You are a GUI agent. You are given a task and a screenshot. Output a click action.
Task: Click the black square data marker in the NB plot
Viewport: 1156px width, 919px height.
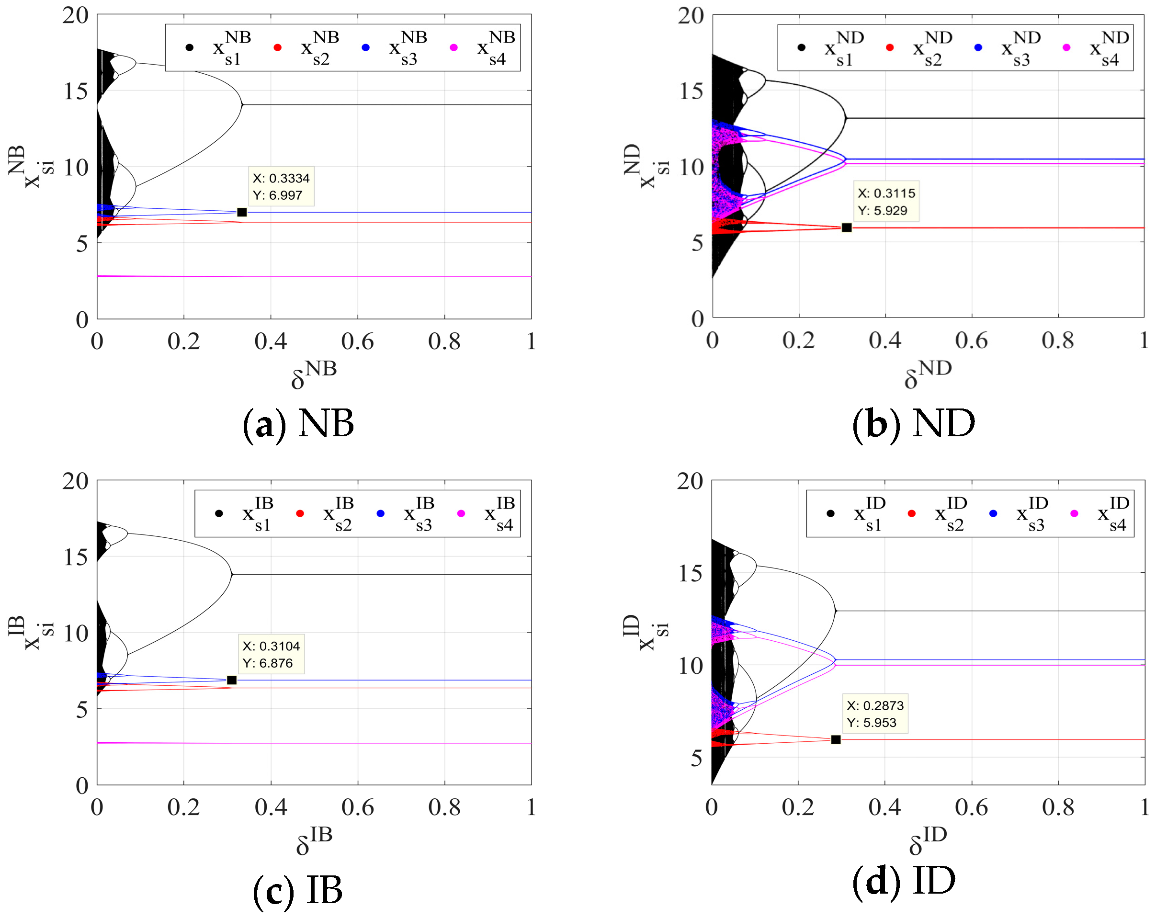tap(242, 212)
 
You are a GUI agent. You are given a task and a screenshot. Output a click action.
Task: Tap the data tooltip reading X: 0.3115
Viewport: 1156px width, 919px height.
tap(886, 202)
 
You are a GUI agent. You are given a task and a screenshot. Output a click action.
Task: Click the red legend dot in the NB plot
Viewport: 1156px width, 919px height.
tap(277, 48)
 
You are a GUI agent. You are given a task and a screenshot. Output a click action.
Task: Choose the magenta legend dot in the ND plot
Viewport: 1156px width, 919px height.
tap(1066, 48)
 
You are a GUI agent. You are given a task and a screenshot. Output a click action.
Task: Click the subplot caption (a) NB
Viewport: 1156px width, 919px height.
tap(299, 423)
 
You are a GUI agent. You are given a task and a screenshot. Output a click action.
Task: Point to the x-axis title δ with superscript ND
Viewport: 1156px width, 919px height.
tap(927, 374)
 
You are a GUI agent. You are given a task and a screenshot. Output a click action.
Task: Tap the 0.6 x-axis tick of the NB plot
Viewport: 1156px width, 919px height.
tap(357, 341)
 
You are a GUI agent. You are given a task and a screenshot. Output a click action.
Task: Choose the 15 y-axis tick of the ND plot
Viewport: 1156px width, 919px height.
tap(691, 91)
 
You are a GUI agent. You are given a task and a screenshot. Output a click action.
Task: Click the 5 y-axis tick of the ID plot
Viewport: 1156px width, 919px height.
tap(696, 758)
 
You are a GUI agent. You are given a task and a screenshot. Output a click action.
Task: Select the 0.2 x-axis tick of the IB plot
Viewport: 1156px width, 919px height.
tap(183, 807)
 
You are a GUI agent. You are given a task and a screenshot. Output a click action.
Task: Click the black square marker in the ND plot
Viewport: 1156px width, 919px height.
tap(847, 228)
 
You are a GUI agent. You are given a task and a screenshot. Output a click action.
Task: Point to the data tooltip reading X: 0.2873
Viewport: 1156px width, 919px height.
tap(875, 714)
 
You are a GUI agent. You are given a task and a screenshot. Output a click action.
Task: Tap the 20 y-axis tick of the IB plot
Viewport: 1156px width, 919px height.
tap(75, 481)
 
